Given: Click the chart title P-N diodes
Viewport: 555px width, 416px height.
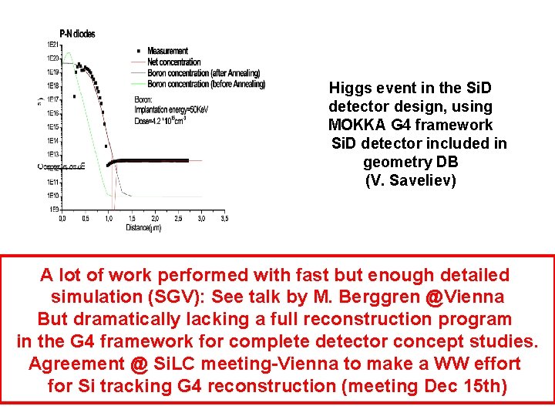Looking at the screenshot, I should point(82,34).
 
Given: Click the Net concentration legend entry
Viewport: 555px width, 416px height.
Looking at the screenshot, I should point(173,62).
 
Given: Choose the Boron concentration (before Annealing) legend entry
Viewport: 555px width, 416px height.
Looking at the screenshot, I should point(206,84).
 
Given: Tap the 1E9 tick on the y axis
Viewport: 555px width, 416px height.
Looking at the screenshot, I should point(55,210).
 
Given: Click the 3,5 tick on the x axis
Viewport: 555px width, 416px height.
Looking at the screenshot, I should point(224,219).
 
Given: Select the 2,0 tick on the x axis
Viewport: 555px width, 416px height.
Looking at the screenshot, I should point(155,219).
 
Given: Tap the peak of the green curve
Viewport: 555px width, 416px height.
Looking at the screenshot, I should point(68,53).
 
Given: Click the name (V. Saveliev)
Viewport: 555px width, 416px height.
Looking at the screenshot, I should point(411,181).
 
